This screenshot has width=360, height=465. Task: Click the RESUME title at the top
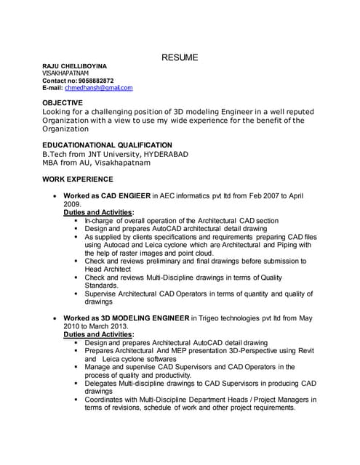[180, 57]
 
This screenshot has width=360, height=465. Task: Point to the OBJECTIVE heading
[64, 103]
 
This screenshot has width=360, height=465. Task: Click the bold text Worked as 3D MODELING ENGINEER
[126, 318]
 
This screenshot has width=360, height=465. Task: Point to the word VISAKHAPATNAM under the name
[65, 73]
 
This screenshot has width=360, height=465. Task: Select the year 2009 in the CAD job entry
[73, 205]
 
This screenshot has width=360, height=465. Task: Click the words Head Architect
[111, 269]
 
